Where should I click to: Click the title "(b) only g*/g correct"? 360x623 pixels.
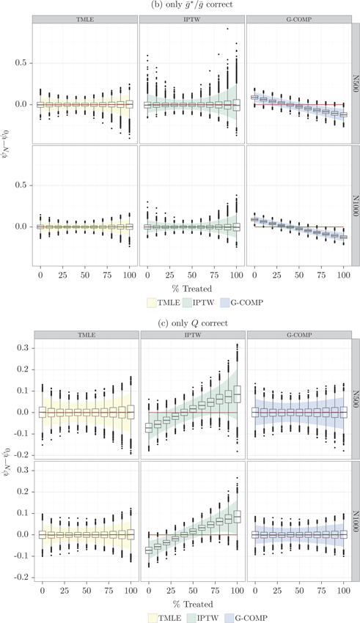coord(180,7)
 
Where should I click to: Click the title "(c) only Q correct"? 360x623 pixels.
coord(180,322)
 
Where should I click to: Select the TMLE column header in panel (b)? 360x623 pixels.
coord(85,18)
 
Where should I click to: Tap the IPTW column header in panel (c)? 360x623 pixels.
coord(192,335)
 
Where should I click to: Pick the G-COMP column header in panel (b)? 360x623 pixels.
coord(298,18)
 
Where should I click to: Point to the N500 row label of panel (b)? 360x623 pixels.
coord(353,84)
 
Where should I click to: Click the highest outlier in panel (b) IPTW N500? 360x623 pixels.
coord(227,29)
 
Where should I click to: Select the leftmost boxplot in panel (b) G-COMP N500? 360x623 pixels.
coord(254,97)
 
